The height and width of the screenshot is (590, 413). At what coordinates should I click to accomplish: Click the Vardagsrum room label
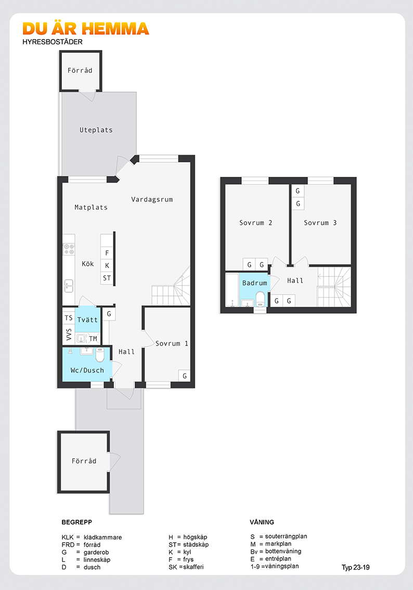pyautogui.click(x=152, y=199)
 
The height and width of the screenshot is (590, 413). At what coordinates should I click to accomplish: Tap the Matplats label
pyautogui.click(x=91, y=207)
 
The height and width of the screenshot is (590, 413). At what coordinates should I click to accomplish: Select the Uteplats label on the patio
pyautogui.click(x=96, y=130)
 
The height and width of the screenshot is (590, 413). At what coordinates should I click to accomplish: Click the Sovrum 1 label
pyautogui.click(x=172, y=343)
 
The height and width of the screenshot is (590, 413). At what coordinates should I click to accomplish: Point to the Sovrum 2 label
pyautogui.click(x=256, y=223)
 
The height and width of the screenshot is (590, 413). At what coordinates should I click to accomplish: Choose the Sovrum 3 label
pyautogui.click(x=320, y=223)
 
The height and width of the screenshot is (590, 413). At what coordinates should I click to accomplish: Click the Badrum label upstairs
pyautogui.click(x=255, y=283)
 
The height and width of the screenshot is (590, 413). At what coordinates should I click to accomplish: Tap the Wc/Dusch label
pyautogui.click(x=87, y=370)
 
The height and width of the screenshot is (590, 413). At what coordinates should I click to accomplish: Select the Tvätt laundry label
pyautogui.click(x=87, y=320)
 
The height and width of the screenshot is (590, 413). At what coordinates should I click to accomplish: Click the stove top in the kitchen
pyautogui.click(x=69, y=249)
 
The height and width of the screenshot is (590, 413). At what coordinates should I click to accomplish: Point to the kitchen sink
pyautogui.click(x=69, y=286)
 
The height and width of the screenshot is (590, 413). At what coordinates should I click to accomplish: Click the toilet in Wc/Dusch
pyautogui.click(x=100, y=354)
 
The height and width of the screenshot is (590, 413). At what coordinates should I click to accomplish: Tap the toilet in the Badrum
pyautogui.click(x=260, y=299)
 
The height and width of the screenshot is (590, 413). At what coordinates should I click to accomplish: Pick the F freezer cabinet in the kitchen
pyautogui.click(x=107, y=253)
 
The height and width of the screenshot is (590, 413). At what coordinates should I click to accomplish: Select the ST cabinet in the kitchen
pyautogui.click(x=107, y=278)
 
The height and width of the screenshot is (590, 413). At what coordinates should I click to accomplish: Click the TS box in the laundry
pyautogui.click(x=69, y=318)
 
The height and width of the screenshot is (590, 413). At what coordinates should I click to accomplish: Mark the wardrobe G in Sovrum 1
pyautogui.click(x=184, y=376)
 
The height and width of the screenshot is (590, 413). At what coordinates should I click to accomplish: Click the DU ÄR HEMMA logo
pyautogui.click(x=86, y=29)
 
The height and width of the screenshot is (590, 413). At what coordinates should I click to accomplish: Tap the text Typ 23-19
pyautogui.click(x=355, y=568)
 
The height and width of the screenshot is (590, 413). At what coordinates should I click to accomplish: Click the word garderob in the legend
pyautogui.click(x=96, y=553)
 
